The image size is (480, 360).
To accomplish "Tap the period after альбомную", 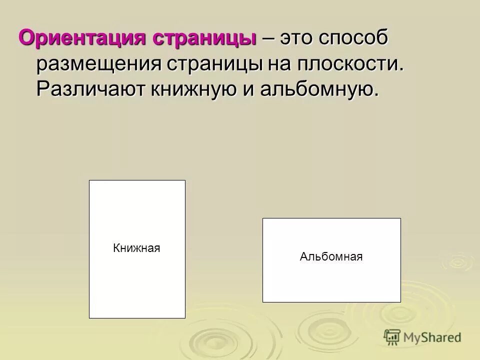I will coord(376,95).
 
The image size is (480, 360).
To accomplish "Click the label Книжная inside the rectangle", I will coord(136,248).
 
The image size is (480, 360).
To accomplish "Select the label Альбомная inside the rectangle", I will coord(331,257).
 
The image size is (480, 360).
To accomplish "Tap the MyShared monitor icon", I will coord(392,337).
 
